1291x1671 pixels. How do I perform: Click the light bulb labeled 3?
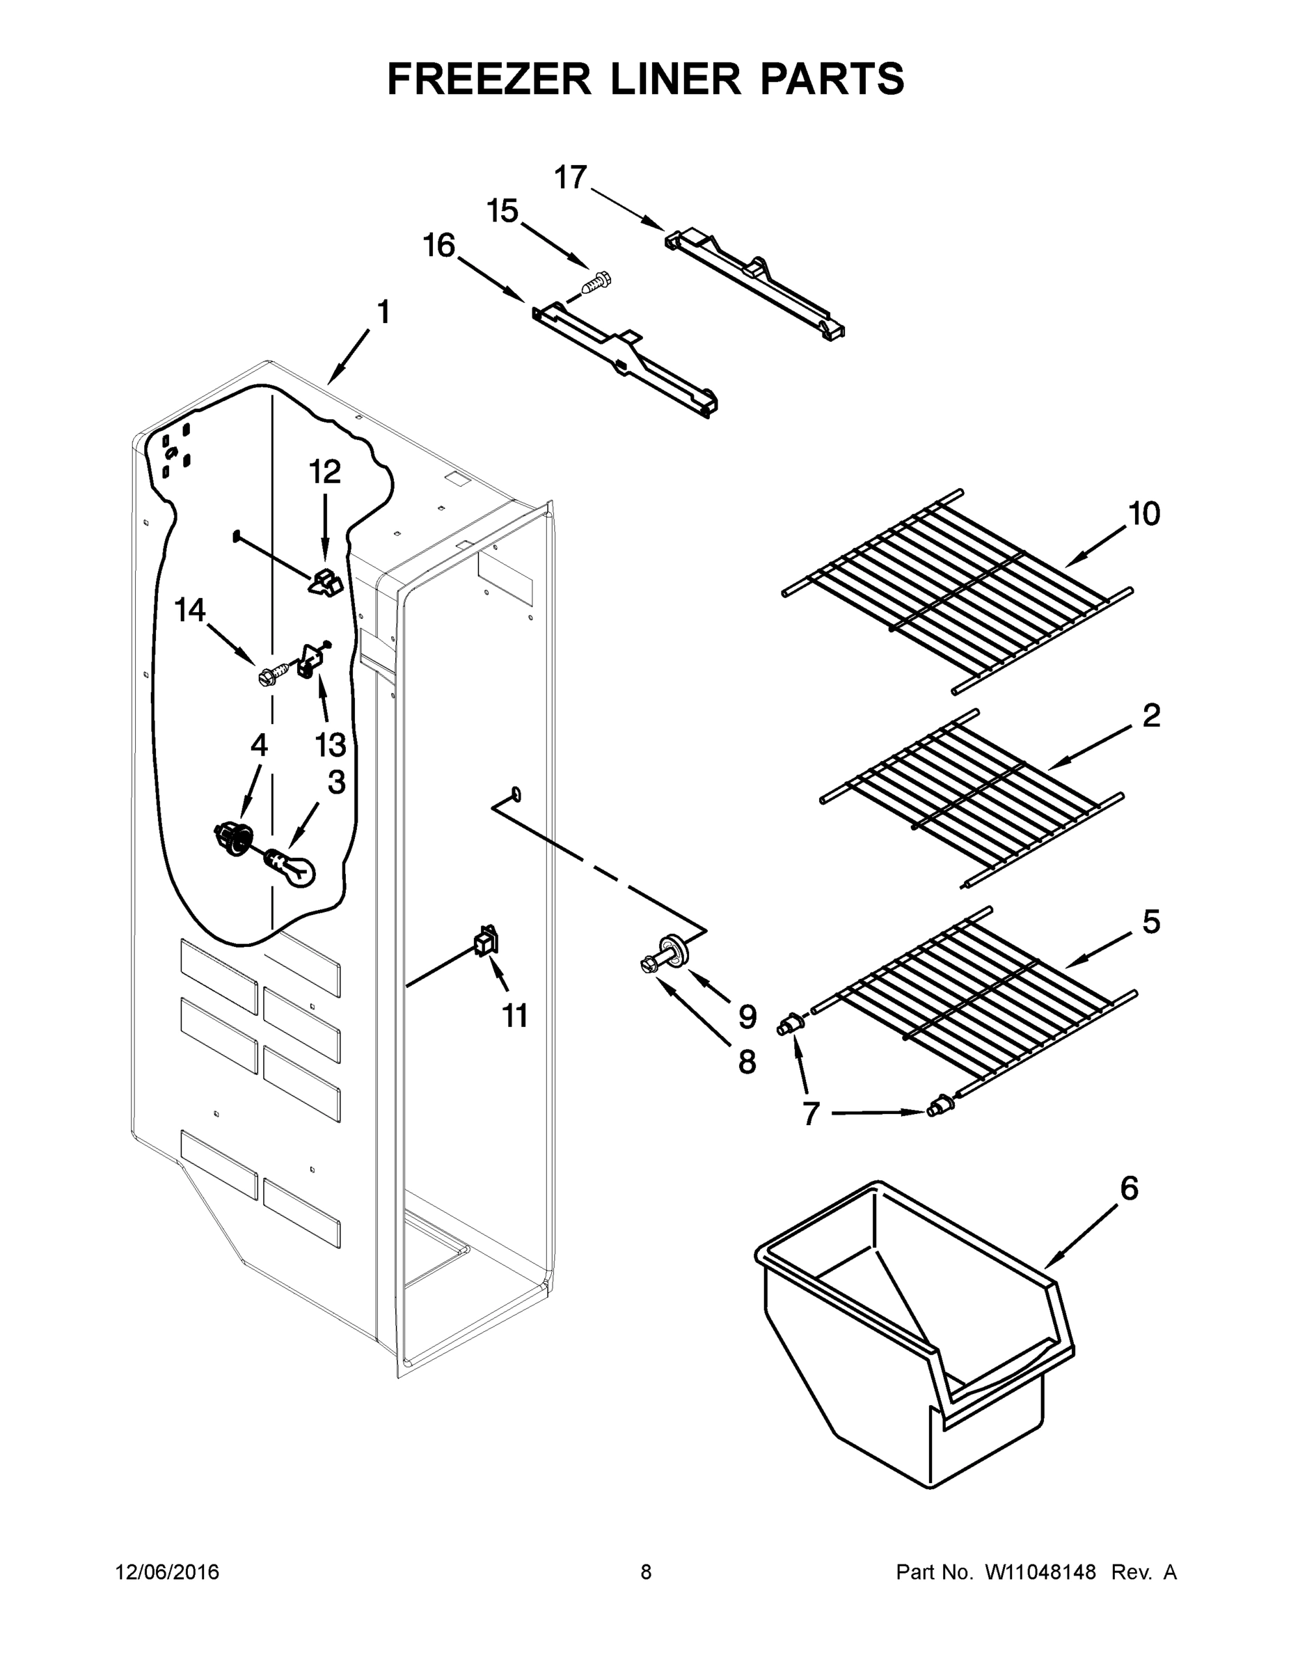tap(292, 868)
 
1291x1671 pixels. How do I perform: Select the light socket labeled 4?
tap(233, 835)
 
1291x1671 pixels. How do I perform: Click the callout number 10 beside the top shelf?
tap(1144, 514)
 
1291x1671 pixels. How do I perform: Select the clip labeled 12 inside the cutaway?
tap(326, 583)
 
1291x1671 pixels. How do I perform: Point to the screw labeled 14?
tap(270, 675)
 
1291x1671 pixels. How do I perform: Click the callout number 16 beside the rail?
tap(439, 246)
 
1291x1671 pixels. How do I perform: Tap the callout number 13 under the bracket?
tap(331, 744)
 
